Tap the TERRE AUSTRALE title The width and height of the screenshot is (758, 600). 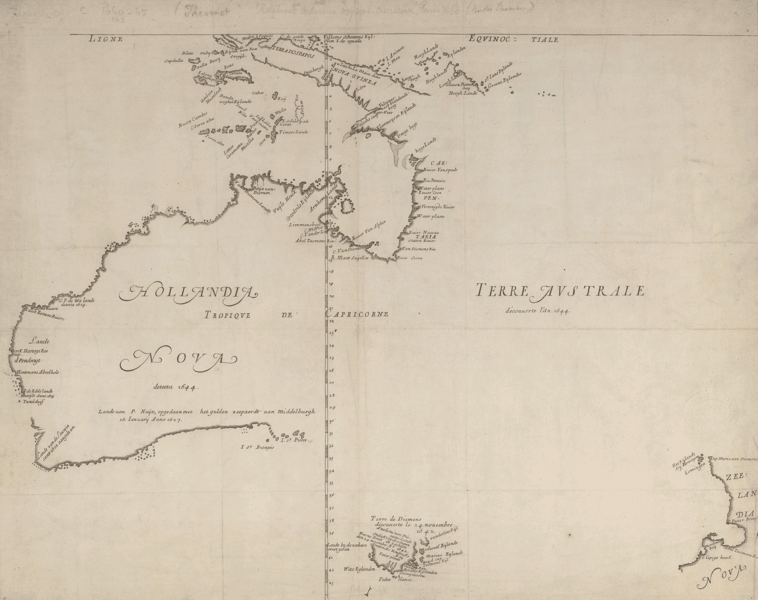point(559,291)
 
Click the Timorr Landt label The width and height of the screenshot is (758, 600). point(294,132)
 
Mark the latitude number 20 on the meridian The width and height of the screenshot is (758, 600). point(331,296)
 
